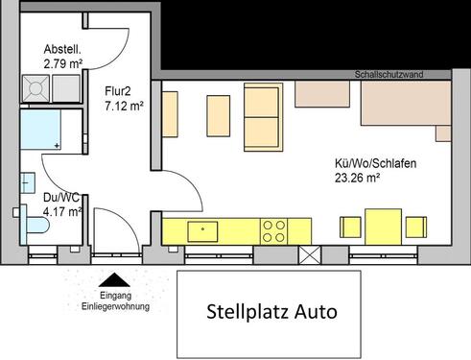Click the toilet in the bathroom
click(x=35, y=226)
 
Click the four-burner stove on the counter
click(x=274, y=229)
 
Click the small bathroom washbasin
click(x=27, y=182)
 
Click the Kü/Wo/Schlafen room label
click(x=362, y=163)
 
